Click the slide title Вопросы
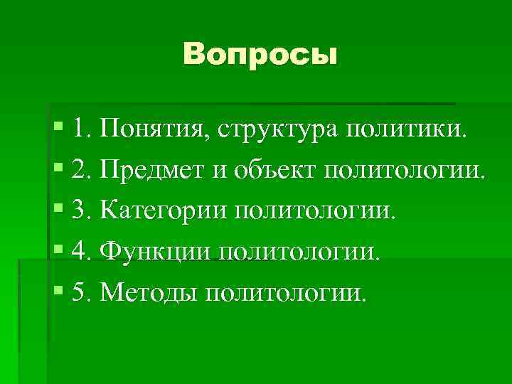[x=260, y=53]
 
